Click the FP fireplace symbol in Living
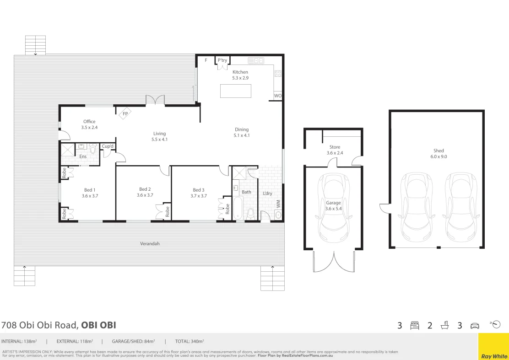point(125,113)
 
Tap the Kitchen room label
point(240,72)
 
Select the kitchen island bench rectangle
point(236,91)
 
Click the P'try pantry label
point(222,60)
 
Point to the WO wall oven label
point(278,96)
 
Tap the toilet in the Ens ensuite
point(93,149)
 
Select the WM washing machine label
point(278,204)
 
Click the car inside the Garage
point(334,208)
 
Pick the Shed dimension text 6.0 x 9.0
point(439,156)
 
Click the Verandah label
point(150,243)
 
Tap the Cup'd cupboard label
point(108,146)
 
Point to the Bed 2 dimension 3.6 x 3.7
point(145,195)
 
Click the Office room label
point(89,121)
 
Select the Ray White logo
point(493,346)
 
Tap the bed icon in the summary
point(415,325)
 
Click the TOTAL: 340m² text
point(190,341)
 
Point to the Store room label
point(335,147)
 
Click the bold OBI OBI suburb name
point(98,325)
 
